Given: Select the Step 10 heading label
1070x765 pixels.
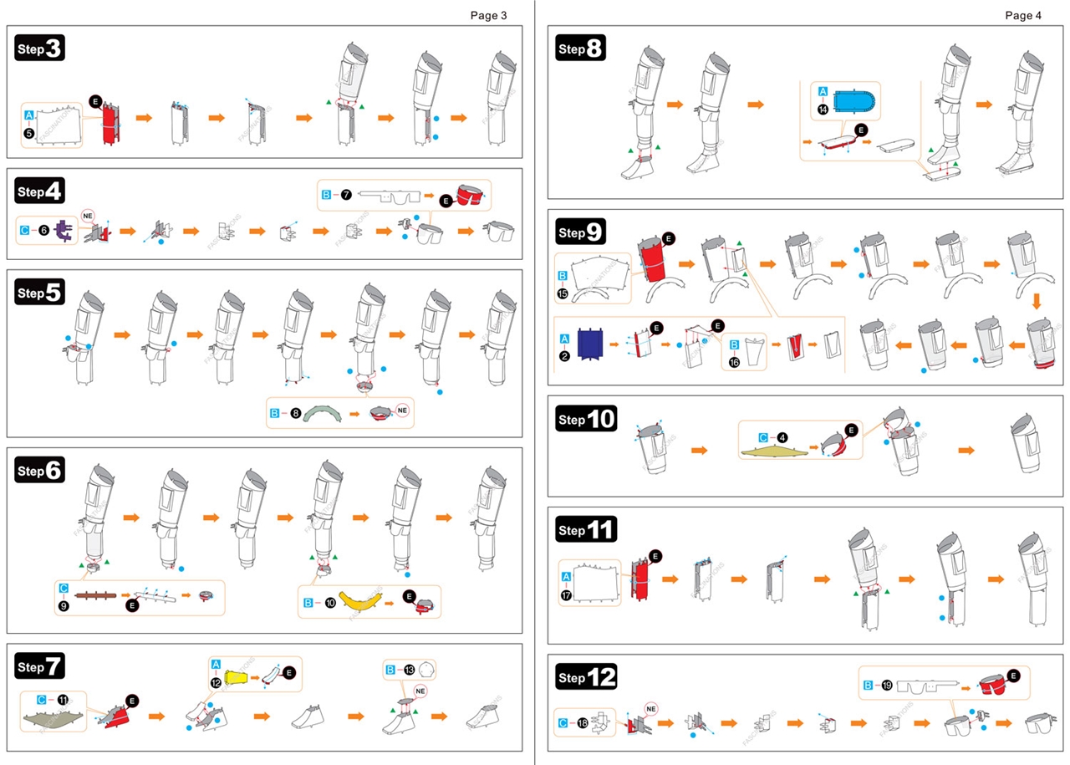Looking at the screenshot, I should tap(586, 419).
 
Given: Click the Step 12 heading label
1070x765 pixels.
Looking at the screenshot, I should tap(586, 677).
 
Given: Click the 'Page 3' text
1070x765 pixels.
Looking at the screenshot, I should tap(488, 15).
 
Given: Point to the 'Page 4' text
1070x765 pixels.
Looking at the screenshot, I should tap(1023, 15).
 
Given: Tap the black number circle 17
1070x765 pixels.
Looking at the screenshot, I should tap(566, 594).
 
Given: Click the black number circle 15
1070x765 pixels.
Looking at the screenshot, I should tap(563, 293).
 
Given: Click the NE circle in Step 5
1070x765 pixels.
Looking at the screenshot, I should tap(403, 411).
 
